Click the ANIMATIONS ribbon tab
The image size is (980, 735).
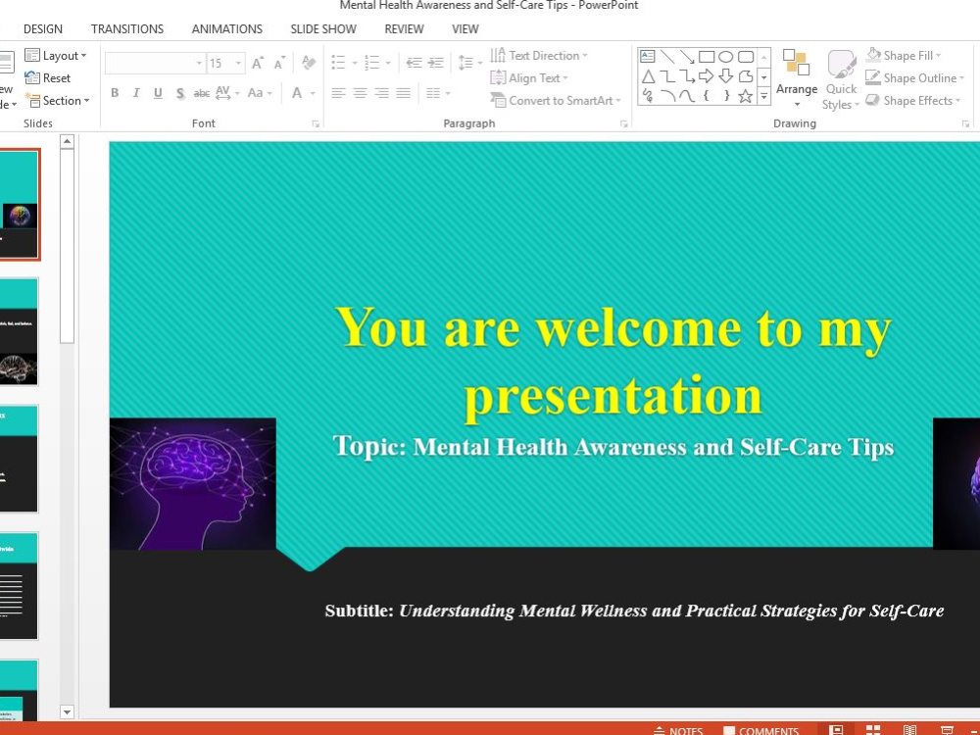point(226,29)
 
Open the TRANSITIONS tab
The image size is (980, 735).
point(127,29)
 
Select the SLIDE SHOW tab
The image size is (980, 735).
point(323,29)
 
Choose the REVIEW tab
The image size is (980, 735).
point(404,29)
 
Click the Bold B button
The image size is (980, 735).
point(115,93)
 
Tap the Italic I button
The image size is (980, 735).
point(136,93)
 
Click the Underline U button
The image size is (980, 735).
point(158,93)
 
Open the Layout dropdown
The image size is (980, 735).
point(56,56)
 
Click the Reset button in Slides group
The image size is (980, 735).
point(48,78)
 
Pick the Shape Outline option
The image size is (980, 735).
point(912,78)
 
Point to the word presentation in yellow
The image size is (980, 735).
point(612,396)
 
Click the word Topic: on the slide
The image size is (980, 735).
point(369,447)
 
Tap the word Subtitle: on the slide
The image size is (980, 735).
point(359,612)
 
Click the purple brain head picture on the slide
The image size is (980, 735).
point(192,484)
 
